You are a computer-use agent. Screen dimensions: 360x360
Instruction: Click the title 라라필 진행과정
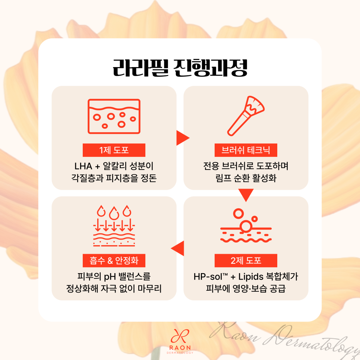[180, 68]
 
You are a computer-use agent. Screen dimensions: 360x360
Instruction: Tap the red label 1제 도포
[114, 150]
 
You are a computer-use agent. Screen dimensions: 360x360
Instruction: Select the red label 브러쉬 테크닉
[246, 150]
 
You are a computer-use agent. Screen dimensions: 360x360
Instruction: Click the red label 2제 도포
[246, 260]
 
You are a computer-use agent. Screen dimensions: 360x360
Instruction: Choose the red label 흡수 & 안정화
[114, 260]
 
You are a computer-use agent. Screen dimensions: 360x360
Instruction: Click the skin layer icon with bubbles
[114, 116]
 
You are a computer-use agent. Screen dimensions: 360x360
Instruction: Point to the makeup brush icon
[246, 116]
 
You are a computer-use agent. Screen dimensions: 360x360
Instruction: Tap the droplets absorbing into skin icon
[114, 226]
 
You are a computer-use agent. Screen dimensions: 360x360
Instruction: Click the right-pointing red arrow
[183, 138]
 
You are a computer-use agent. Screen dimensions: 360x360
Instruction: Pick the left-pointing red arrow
[178, 249]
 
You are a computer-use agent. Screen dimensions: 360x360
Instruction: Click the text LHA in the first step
[83, 166]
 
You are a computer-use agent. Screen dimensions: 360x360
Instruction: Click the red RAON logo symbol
[180, 337]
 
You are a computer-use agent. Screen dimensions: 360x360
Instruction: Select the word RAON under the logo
[180, 348]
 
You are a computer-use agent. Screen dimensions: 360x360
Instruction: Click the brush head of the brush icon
[255, 105]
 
